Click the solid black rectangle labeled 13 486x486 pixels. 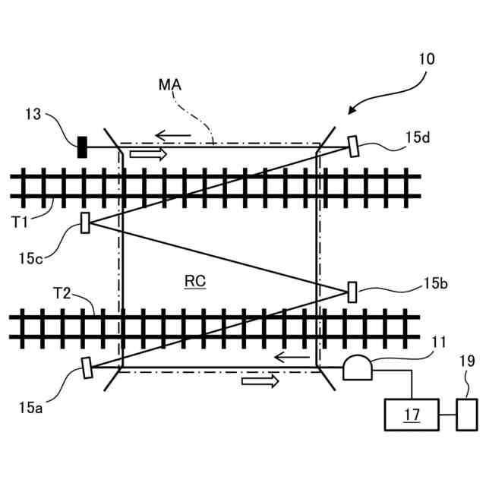tap(82, 146)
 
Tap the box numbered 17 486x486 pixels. tap(412, 415)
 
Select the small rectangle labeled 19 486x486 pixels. tap(465, 415)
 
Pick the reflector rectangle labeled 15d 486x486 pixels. tap(354, 146)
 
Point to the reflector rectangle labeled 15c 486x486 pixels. tap(85, 222)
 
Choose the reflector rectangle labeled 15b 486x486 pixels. tap(352, 292)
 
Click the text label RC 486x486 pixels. tap(195, 281)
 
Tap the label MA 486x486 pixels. tap(169, 85)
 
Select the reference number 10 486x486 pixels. tap(426, 58)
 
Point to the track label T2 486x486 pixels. tap(62, 292)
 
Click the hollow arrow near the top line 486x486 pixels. tap(147, 154)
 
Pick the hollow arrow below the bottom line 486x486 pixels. tap(255, 380)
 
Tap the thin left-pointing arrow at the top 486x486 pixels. tap(172, 137)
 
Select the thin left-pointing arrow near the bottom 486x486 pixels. tap(291, 357)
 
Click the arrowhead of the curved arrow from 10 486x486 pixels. tap(352, 112)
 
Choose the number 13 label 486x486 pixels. tap(33, 114)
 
